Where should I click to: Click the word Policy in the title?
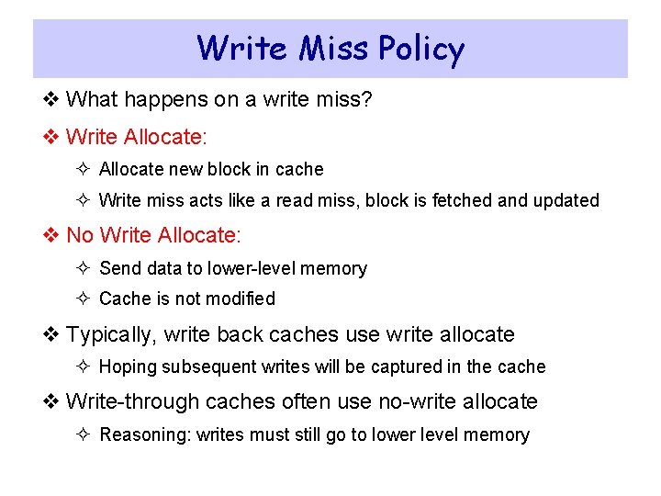click(x=419, y=48)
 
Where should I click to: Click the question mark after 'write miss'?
click(x=366, y=98)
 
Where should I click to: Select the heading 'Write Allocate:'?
click(x=137, y=137)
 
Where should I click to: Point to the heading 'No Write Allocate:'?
click(x=153, y=235)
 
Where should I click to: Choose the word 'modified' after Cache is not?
click(x=241, y=299)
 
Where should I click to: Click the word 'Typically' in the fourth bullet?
click(x=107, y=334)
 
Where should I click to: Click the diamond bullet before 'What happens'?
click(x=51, y=98)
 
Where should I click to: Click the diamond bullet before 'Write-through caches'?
click(x=51, y=401)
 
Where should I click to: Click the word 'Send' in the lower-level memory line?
click(x=118, y=268)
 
